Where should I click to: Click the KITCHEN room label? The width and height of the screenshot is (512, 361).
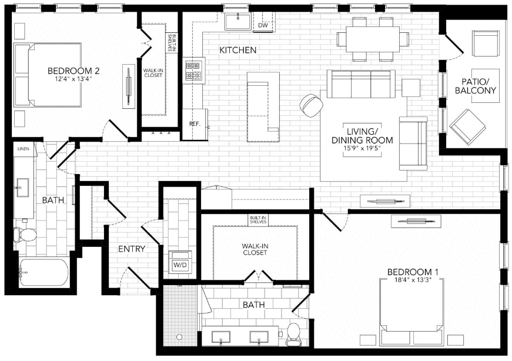click(237, 50)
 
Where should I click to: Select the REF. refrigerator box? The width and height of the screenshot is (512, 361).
click(195, 124)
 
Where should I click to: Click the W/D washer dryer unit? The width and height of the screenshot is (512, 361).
click(179, 265)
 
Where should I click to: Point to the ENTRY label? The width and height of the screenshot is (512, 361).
click(132, 249)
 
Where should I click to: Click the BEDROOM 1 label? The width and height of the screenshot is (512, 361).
click(413, 272)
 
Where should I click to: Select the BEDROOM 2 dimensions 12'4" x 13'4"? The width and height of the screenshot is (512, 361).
click(73, 79)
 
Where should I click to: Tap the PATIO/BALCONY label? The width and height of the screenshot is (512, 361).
click(476, 86)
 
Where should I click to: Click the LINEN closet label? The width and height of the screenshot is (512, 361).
click(24, 149)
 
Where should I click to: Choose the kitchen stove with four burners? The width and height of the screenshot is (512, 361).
click(194, 71)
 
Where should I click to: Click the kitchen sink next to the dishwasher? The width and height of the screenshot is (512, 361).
click(238, 21)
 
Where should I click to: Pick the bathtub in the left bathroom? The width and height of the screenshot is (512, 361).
click(43, 272)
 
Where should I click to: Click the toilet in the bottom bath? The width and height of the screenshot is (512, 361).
click(293, 334)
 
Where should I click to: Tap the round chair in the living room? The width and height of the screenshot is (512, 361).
click(311, 105)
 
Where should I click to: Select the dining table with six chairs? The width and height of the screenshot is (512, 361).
click(372, 39)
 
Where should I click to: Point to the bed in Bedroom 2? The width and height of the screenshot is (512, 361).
click(49, 75)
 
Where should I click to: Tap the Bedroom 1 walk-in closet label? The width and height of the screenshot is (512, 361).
click(254, 249)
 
